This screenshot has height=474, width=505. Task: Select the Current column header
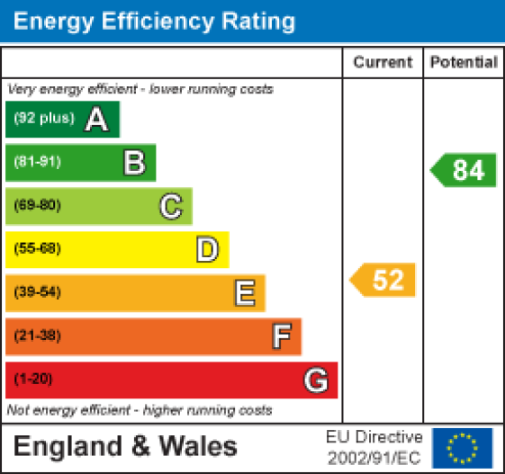(383, 62)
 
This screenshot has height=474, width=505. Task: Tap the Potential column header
(464, 62)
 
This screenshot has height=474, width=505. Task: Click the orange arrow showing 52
(384, 280)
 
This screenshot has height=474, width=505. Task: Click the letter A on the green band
(96, 120)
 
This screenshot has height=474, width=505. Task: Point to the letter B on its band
(134, 163)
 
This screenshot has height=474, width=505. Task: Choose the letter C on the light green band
(171, 206)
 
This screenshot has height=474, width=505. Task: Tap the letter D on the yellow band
(208, 249)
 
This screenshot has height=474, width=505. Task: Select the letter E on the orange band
(244, 292)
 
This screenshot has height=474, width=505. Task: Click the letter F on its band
(282, 336)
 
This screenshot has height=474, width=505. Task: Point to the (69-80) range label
(37, 206)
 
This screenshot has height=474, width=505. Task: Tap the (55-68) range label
(37, 249)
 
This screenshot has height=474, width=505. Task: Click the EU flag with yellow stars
(463, 447)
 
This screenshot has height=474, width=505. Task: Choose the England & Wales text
(125, 447)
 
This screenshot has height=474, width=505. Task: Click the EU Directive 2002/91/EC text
(374, 447)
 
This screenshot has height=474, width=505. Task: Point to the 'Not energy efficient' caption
(140, 410)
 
